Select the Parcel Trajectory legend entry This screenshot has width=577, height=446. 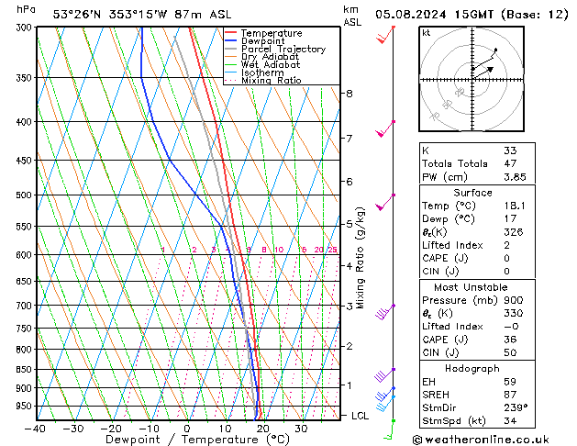click(x=283, y=50)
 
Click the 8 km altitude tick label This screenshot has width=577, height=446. click(x=349, y=94)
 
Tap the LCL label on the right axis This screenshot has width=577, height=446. click(x=361, y=416)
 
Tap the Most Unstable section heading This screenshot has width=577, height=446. click(x=472, y=287)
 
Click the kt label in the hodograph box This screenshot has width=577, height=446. click(x=426, y=32)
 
